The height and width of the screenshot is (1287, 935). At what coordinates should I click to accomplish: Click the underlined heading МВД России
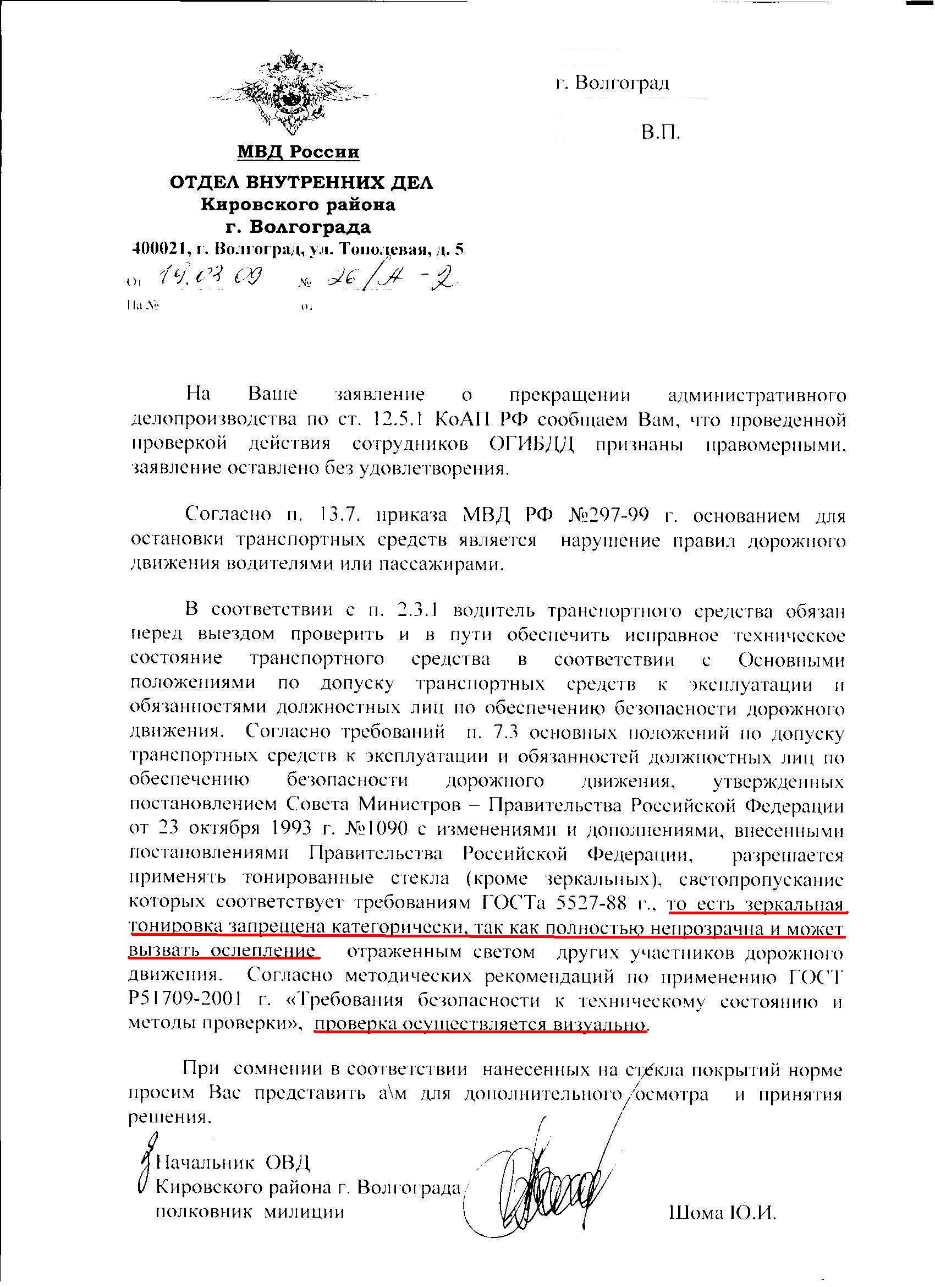[298, 151]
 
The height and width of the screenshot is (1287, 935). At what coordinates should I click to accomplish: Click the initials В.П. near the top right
[661, 133]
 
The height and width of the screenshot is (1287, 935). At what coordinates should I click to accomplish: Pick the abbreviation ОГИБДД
[532, 444]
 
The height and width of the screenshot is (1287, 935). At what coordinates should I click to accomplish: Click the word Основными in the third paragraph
[791, 660]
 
